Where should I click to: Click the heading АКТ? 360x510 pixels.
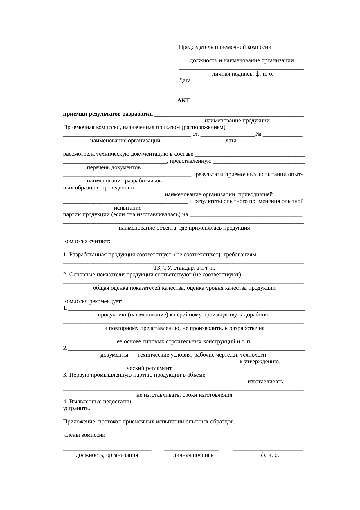click(183, 101)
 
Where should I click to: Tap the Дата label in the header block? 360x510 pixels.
click(185, 80)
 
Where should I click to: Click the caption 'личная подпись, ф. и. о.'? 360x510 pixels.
click(242, 74)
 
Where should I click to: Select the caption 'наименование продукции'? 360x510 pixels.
click(237, 121)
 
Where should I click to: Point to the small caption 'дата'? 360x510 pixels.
click(231, 141)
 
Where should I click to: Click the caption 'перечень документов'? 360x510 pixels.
click(114, 168)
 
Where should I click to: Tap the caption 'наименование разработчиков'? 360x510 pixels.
click(124, 181)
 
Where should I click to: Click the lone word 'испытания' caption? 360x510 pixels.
click(128, 208)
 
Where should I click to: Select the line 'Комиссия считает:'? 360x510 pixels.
click(87, 241)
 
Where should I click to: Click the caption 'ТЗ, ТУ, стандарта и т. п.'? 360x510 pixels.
click(184, 268)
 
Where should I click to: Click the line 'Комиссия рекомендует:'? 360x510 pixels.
click(93, 301)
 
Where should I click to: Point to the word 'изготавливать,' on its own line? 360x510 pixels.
click(266, 382)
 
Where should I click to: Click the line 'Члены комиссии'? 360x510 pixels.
click(84, 435)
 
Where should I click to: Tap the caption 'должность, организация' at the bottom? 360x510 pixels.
click(107, 455)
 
